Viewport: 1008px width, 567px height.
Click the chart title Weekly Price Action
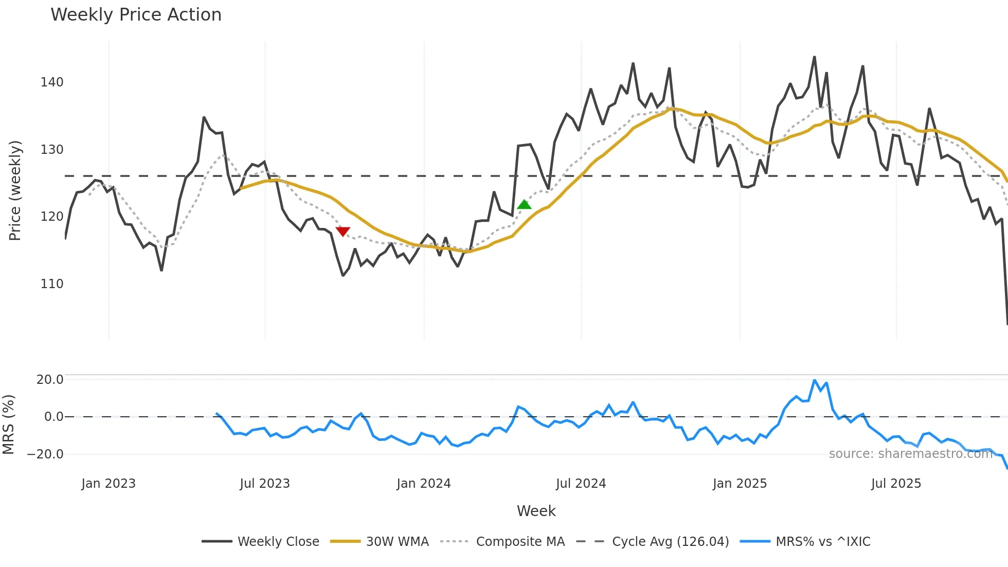(x=136, y=15)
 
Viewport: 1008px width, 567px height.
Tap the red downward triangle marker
(x=343, y=232)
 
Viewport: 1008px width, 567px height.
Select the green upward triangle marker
(x=524, y=204)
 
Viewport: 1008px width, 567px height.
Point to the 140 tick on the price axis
(x=52, y=82)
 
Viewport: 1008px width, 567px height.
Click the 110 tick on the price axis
(x=52, y=284)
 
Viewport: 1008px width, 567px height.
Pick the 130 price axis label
(x=52, y=150)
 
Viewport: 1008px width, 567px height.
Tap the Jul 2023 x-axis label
(x=265, y=484)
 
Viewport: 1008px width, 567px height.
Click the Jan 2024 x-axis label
(x=424, y=484)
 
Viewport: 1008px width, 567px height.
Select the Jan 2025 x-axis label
(x=740, y=484)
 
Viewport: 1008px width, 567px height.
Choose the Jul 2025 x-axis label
(x=896, y=484)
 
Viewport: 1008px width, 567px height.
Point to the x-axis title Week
(x=536, y=511)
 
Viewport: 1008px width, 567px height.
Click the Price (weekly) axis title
(x=15, y=190)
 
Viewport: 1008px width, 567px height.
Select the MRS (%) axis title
(x=8, y=424)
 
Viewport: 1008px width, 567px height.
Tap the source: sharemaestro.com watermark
(x=910, y=454)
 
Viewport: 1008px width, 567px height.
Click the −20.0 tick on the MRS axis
(x=45, y=454)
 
